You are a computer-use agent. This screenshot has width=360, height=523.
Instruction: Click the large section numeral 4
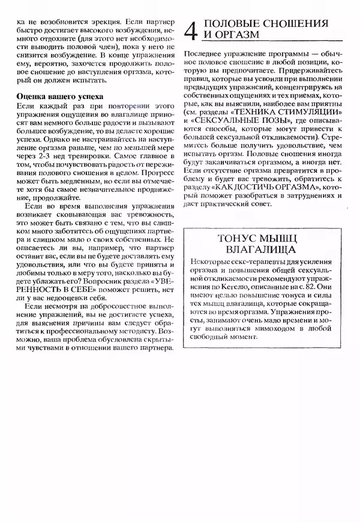pyautogui.click(x=191, y=30)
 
